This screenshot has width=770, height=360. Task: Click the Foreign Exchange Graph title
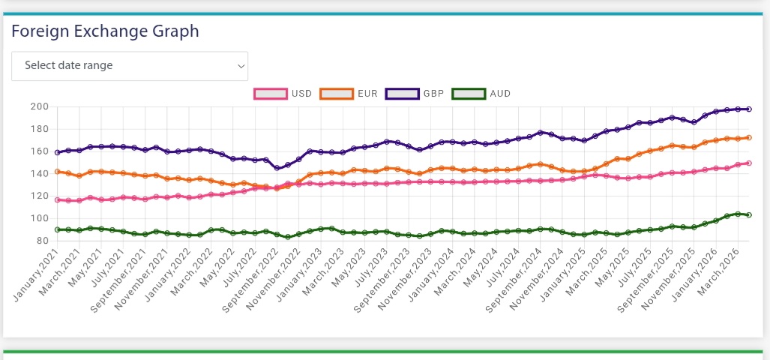click(105, 31)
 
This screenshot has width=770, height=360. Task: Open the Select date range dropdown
click(130, 66)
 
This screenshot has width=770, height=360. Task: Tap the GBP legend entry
click(415, 94)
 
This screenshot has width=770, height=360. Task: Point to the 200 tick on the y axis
click(39, 107)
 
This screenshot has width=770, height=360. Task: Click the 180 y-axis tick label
click(39, 130)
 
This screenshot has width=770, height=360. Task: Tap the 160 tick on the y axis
click(39, 151)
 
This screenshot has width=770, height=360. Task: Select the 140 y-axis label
click(39, 174)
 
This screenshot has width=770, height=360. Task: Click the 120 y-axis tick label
click(39, 196)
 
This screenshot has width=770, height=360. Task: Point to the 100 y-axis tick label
click(39, 219)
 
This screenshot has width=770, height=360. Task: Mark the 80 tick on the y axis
click(42, 241)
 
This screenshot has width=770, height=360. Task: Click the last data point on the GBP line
click(749, 109)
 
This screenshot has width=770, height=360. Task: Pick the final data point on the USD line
click(749, 163)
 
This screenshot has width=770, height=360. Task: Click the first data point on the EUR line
click(57, 172)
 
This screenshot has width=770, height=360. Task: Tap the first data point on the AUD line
click(57, 229)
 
